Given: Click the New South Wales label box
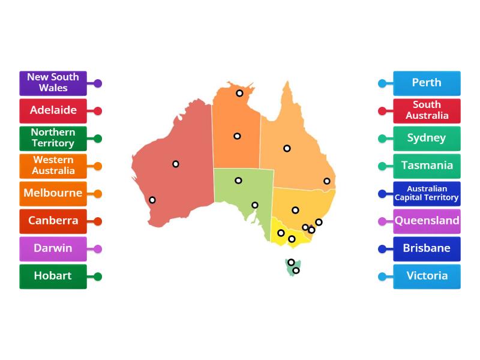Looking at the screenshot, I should click(x=53, y=83).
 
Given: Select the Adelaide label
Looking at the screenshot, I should click(x=53, y=111).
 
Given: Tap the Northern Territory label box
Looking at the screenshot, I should click(x=53, y=139).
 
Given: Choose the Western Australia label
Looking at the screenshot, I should click(x=53, y=166).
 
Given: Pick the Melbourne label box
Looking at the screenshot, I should click(x=53, y=194).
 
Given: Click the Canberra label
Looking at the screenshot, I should click(x=53, y=221).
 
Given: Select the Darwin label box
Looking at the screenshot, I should click(x=53, y=249).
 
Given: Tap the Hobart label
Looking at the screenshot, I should click(x=53, y=277).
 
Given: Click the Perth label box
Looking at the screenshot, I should click(x=427, y=83).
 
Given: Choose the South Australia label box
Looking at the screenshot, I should click(x=427, y=111).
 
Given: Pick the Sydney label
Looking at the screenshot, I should click(x=427, y=139).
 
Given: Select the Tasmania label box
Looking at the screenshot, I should click(x=427, y=166).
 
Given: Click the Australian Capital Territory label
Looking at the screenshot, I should click(x=427, y=194).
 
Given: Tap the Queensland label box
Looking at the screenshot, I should click(x=427, y=221).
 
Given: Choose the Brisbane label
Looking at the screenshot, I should click(x=427, y=249).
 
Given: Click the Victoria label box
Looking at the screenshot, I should click(x=427, y=277).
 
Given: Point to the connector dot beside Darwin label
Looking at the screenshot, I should click(x=98, y=249).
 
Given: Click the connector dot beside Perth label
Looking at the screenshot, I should click(x=382, y=83).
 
